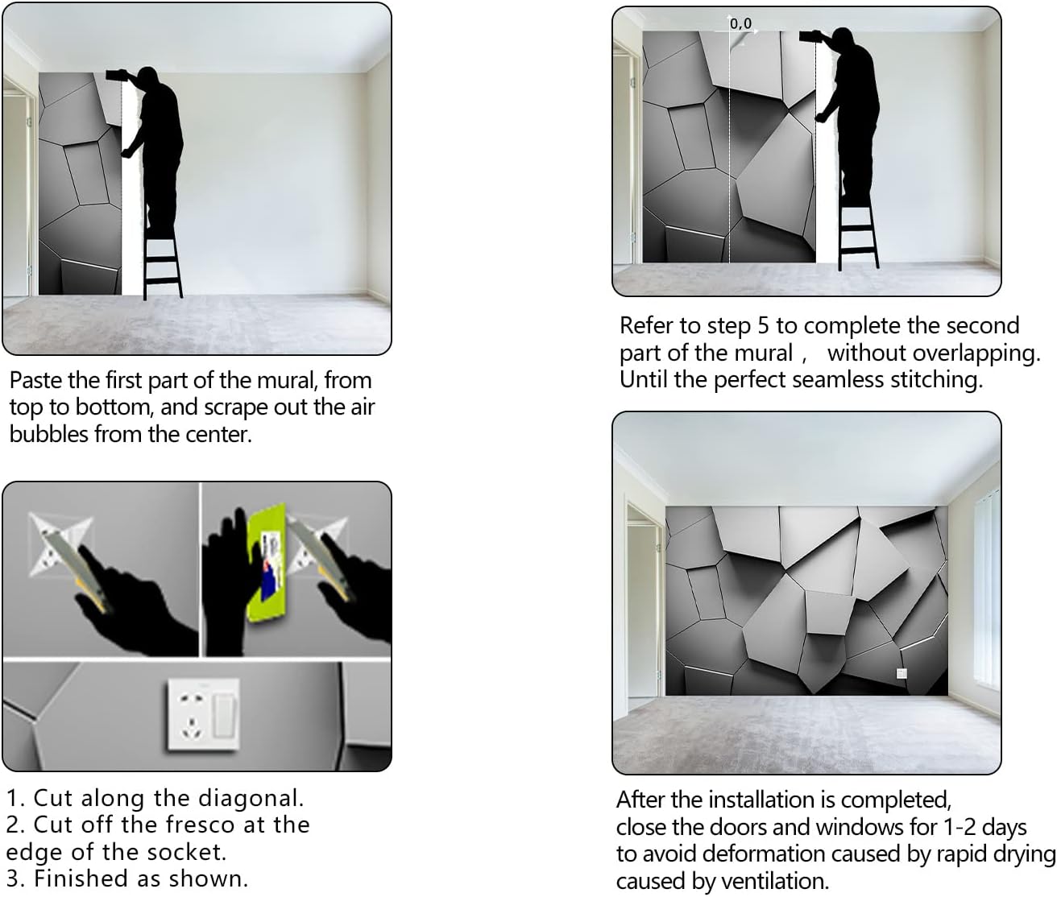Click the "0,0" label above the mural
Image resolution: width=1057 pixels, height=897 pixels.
pos(740,23)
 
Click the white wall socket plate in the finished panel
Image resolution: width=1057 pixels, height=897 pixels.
pos(204,714)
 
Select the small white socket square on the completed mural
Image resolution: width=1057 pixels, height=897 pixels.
pos(901,674)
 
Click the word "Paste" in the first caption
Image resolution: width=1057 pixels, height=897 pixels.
pos(35,381)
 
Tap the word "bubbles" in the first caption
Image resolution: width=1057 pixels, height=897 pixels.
pos(48,434)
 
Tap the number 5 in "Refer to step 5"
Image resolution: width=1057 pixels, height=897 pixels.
pos(762,325)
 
